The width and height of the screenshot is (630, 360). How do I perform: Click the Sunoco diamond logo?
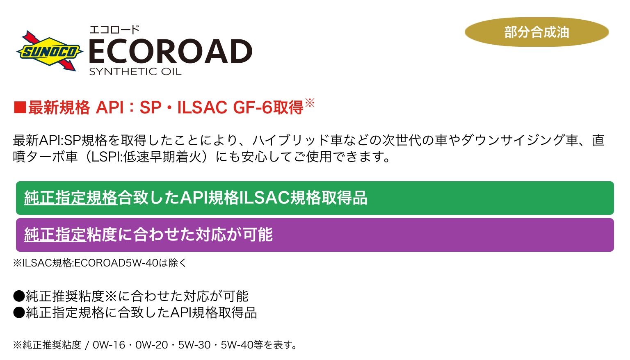50,51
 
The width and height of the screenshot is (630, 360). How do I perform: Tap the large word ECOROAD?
171,51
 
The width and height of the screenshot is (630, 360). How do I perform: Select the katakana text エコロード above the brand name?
114,29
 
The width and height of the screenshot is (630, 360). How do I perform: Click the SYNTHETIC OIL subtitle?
135,71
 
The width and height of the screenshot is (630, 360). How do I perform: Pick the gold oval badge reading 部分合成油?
536,32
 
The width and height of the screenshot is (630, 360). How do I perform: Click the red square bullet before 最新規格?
20,107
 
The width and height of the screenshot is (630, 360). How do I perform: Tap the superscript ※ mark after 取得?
310,103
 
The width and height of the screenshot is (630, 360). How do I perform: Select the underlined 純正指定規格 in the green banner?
71,198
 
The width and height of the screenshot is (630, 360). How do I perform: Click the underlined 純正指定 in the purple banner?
55,234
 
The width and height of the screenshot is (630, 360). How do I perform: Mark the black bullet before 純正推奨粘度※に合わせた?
19,296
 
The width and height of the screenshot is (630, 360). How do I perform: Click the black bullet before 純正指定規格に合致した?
19,312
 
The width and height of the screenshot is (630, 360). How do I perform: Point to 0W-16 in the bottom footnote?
109,345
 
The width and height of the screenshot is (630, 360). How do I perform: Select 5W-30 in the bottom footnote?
194,345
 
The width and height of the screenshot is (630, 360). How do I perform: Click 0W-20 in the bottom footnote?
152,345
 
